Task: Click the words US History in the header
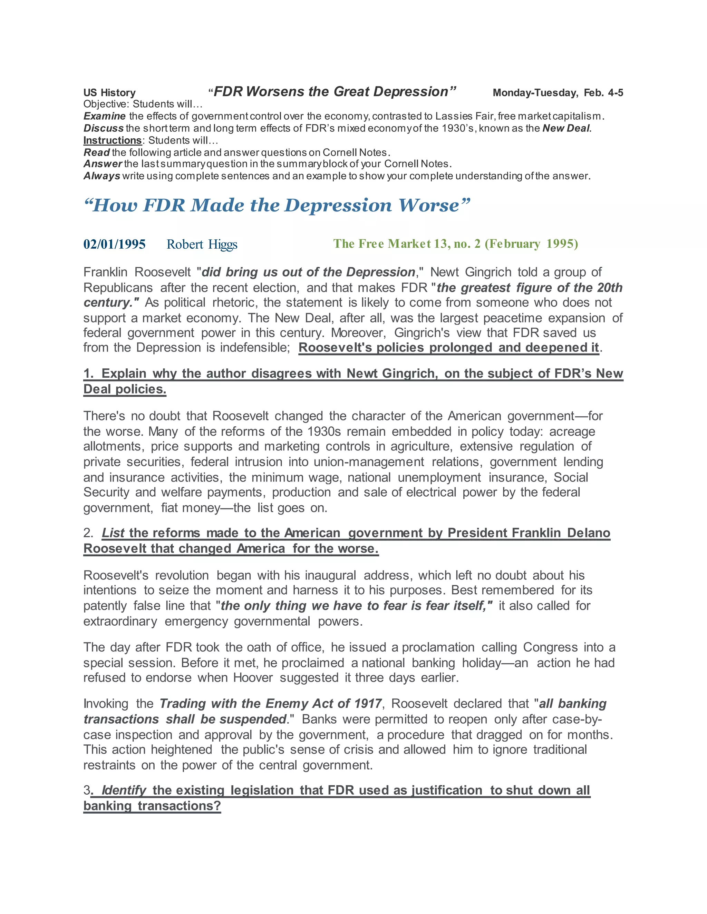109,92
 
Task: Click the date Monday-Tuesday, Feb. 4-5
558,92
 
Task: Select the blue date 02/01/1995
114,244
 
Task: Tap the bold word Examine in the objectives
104,116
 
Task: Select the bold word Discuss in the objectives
103,128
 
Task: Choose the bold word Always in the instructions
101,176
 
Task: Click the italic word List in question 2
113,533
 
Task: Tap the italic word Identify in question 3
124,790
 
